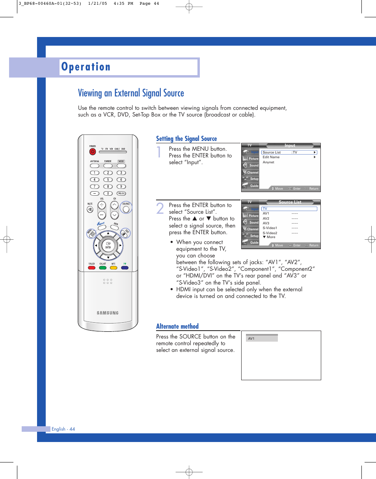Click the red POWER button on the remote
tap(92, 151)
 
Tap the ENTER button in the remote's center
tap(108, 245)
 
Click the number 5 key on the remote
tap(108, 179)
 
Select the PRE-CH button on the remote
tap(121, 193)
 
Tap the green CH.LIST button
tap(102, 268)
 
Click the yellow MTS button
tap(114, 268)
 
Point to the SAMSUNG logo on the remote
tap(108, 313)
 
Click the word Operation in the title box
tap(86, 67)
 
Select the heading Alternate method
tap(177, 326)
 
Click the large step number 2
tap(160, 209)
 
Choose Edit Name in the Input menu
tap(271, 157)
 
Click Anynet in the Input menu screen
tap(268, 162)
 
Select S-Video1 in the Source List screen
tap(270, 228)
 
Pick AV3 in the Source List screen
tap(266, 223)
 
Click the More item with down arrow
tap(270, 237)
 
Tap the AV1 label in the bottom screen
tap(251, 338)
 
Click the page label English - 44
tap(63, 429)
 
